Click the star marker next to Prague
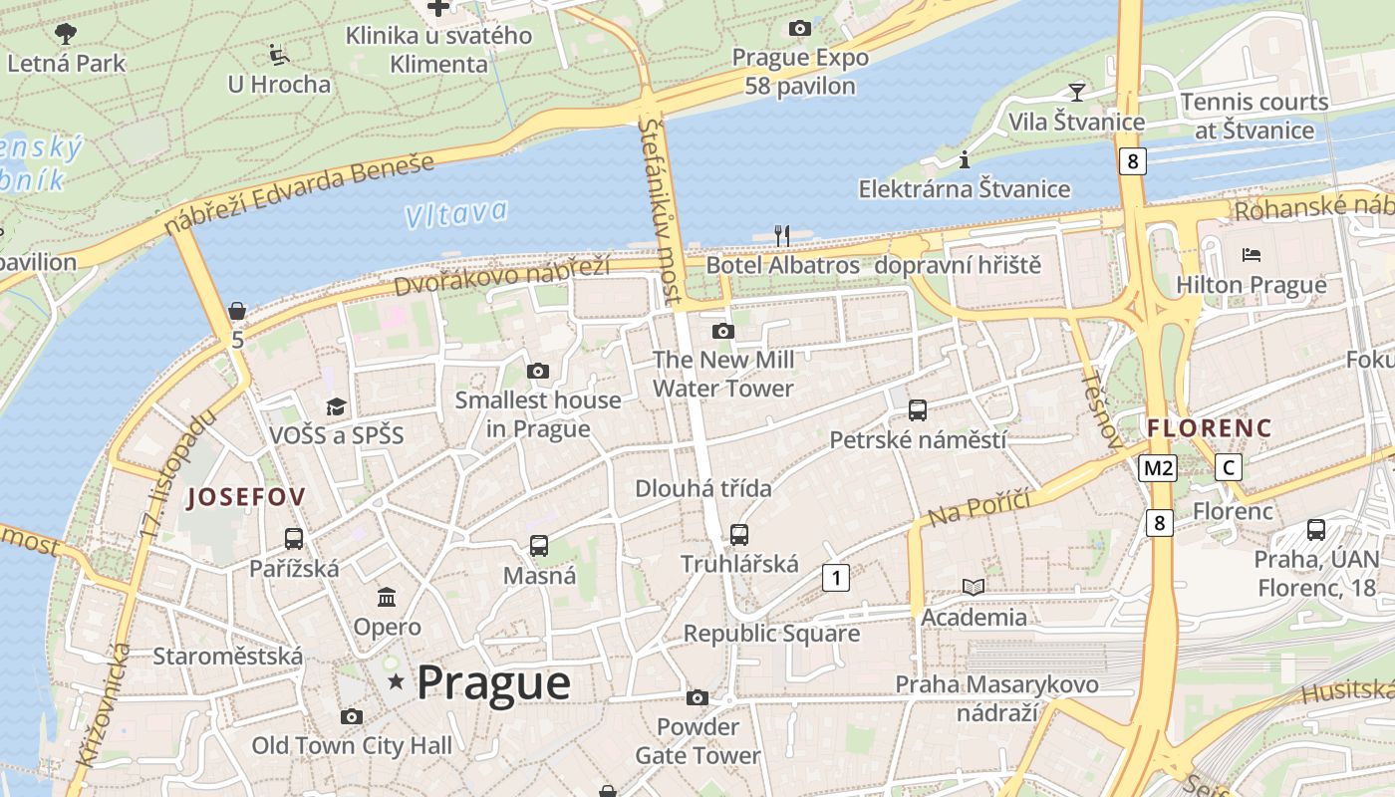[x=397, y=682]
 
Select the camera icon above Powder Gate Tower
[x=697, y=697]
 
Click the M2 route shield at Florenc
[x=1159, y=467]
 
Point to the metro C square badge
[x=1229, y=467]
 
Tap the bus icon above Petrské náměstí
[x=918, y=409]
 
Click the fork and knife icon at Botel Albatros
[x=782, y=236]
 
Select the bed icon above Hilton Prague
[x=1252, y=255]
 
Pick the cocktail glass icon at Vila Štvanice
[x=1076, y=93]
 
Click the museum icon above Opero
[x=387, y=597]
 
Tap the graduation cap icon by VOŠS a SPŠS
[x=336, y=406]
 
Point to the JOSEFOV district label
[x=246, y=496]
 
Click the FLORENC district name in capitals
[x=1210, y=428]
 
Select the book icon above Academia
[x=974, y=587]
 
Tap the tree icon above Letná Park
[x=66, y=34]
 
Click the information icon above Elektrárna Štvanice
[x=964, y=159]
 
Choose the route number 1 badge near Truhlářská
[x=836, y=577]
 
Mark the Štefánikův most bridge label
[x=662, y=209]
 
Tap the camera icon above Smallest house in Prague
[x=538, y=372]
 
